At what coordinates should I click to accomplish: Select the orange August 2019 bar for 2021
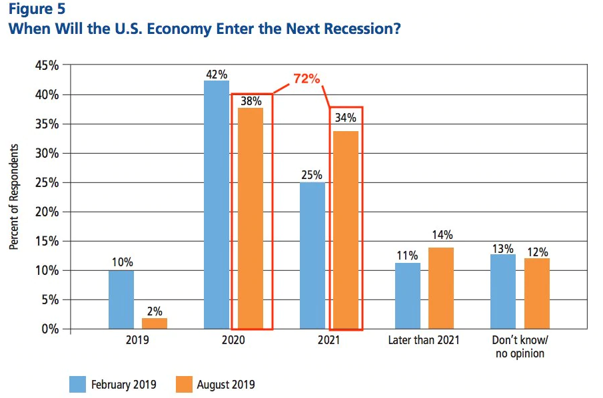[x=346, y=230]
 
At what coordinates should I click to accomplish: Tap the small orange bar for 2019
[x=154, y=323]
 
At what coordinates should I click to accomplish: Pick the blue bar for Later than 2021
[x=408, y=296]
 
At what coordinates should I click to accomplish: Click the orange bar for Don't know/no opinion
[x=537, y=294]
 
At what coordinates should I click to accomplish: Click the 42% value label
[x=217, y=75]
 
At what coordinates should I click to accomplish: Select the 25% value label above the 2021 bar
[x=312, y=176]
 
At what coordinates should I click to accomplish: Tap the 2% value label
[x=155, y=311]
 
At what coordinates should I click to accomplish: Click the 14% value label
[x=441, y=234]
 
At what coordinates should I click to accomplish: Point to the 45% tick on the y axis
[x=47, y=66]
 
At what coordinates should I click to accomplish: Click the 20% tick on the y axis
[x=47, y=212]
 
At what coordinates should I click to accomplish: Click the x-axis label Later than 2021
[x=424, y=341]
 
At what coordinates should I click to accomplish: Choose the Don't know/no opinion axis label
[x=520, y=347]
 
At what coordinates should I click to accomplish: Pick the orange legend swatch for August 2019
[x=183, y=384]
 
